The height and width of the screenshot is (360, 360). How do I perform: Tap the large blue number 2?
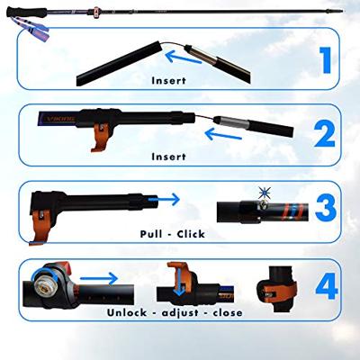click(324, 135)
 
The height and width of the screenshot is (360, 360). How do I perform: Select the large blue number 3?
click(326, 208)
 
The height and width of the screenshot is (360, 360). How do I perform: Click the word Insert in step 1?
click(168, 81)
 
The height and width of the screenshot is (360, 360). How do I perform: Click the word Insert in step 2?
click(168, 157)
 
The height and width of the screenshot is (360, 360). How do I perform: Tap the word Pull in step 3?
click(151, 234)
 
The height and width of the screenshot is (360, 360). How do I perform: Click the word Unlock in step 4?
click(127, 312)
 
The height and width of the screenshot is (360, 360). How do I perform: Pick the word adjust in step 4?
click(180, 313)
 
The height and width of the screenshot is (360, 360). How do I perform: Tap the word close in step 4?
click(228, 312)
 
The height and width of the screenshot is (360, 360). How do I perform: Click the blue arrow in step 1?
click(184, 58)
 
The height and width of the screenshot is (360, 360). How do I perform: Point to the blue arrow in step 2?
click(223, 134)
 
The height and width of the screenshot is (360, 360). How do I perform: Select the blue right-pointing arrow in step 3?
click(164, 199)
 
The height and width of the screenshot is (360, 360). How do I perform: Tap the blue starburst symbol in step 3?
click(265, 193)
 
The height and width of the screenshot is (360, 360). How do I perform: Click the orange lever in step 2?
click(101, 137)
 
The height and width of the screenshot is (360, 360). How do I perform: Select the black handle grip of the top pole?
click(27, 13)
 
